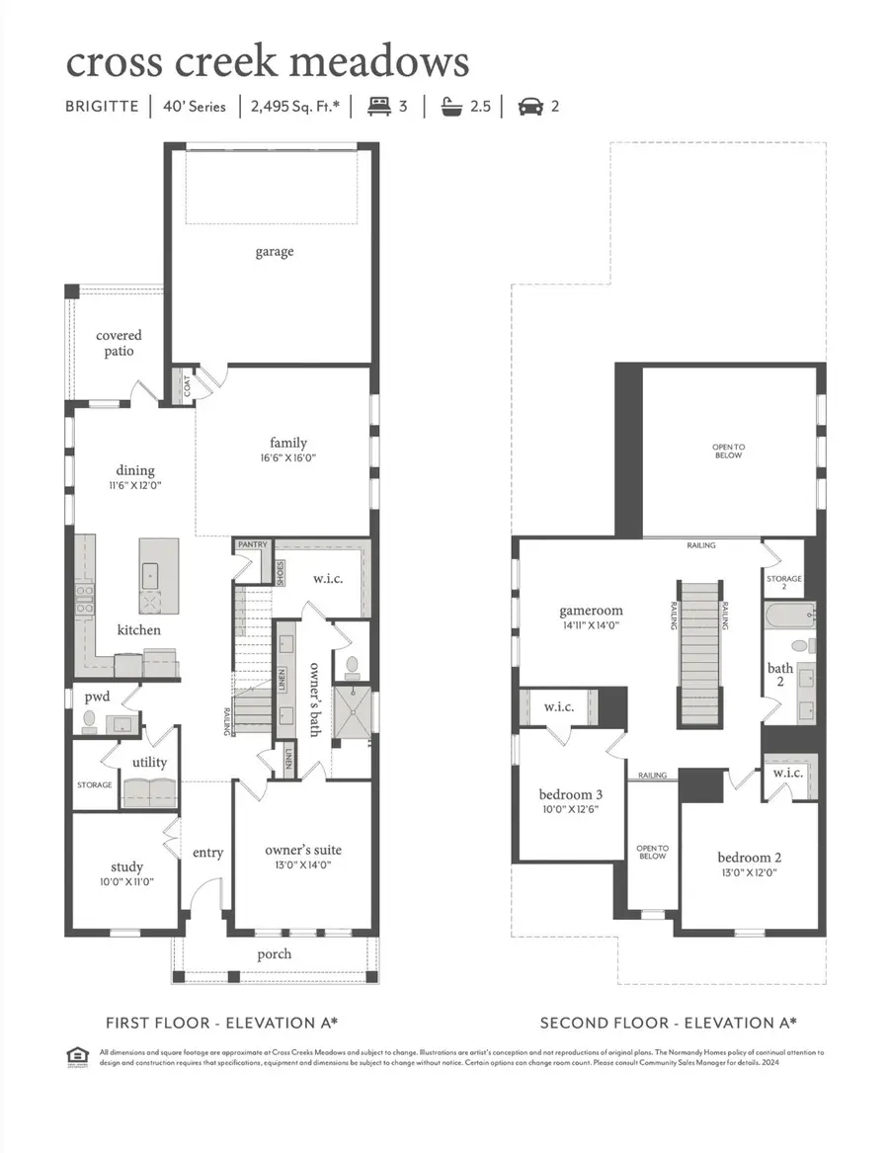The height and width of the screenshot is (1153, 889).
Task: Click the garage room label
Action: click(x=274, y=252)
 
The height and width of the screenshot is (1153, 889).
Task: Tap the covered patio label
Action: click(x=119, y=344)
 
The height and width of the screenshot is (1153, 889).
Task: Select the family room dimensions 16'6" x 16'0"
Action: click(x=288, y=458)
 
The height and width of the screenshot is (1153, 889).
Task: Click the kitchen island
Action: click(x=158, y=575)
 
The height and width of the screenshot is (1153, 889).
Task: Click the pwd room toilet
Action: click(x=88, y=720)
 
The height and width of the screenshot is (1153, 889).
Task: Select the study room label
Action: click(x=126, y=866)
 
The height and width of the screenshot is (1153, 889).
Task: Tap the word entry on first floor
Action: click(x=207, y=853)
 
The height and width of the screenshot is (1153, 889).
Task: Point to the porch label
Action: click(x=275, y=953)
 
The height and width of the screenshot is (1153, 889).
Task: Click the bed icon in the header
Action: click(x=378, y=106)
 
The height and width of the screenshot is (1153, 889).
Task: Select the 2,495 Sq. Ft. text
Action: click(x=293, y=106)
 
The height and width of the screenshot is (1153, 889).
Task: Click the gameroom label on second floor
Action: click(x=591, y=611)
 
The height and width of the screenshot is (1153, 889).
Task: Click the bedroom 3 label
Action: click(x=570, y=794)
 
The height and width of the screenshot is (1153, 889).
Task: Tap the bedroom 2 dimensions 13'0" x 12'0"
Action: click(x=749, y=873)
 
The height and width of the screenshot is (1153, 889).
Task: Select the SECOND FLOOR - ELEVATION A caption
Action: click(x=669, y=1023)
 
